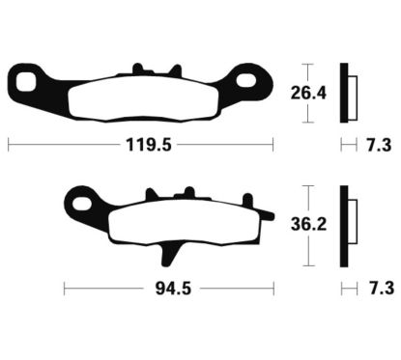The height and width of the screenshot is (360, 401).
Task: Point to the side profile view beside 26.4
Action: (345, 94)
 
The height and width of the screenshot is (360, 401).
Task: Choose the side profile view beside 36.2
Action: (345, 226)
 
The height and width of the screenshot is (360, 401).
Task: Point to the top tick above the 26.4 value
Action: (307, 65)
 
